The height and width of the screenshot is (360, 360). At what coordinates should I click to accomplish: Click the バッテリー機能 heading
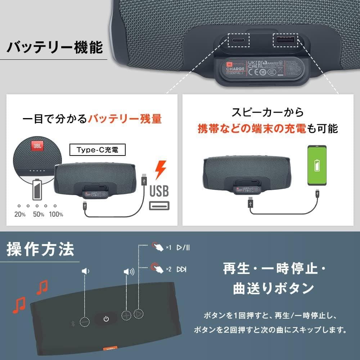[x=55, y=47]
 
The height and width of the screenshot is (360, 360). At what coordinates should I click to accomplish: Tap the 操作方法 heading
[x=40, y=249]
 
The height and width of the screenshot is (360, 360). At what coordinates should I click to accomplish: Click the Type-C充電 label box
[x=97, y=149]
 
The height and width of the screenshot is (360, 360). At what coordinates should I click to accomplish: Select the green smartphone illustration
[x=317, y=166]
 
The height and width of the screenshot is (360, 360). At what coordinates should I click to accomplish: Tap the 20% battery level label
[x=20, y=215]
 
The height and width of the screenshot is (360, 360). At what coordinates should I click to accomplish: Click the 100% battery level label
[x=56, y=215]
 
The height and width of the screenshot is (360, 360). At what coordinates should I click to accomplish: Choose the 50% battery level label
[x=38, y=215]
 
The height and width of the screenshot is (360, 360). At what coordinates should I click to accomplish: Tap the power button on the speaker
[x=106, y=319]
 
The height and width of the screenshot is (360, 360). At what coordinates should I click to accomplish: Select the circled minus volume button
[x=85, y=321]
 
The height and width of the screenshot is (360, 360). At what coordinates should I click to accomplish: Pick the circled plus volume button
[x=126, y=315]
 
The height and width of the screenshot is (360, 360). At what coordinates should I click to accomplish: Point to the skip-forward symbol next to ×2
[x=181, y=269]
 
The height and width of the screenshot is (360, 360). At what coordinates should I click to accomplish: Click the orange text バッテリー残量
[x=125, y=118]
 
